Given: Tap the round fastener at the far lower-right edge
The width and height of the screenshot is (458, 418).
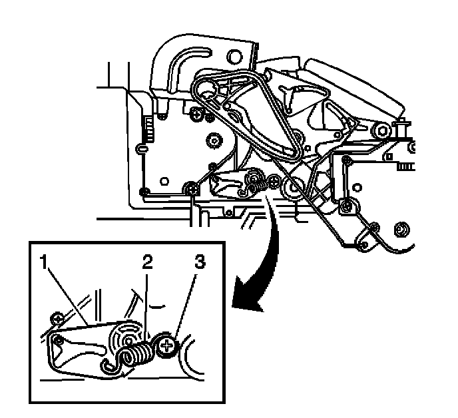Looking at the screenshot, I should pyautogui.click(x=401, y=230).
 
